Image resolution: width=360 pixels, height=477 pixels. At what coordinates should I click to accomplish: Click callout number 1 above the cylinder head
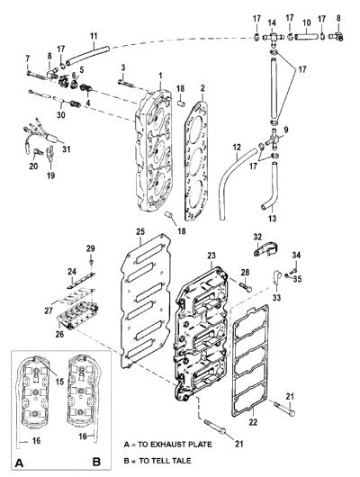pos(160,75)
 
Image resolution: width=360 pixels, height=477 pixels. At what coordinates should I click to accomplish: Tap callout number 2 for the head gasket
pos(202,88)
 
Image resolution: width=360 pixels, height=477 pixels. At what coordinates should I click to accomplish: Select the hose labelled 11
pos(87,55)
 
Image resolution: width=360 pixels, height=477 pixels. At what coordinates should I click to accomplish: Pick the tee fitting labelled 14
pos(273,38)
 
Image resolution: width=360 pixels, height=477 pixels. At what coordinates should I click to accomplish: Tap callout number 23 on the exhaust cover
pos(211,256)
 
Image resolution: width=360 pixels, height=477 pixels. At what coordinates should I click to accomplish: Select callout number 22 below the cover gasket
pos(253,422)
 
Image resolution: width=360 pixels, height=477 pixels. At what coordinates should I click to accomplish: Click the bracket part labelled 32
pos(265,248)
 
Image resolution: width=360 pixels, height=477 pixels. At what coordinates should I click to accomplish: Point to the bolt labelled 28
pos(246,286)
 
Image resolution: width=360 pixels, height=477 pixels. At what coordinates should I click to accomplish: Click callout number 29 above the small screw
pos(90,248)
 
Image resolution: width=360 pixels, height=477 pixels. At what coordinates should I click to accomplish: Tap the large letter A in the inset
pos(19,463)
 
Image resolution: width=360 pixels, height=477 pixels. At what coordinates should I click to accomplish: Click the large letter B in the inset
pos(96,462)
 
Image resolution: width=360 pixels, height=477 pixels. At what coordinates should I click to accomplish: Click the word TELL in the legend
pos(148,461)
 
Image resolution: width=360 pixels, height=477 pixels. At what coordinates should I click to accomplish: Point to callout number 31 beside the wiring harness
pos(67,149)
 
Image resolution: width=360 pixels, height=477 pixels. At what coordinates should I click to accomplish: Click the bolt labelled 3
pos(126,82)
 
